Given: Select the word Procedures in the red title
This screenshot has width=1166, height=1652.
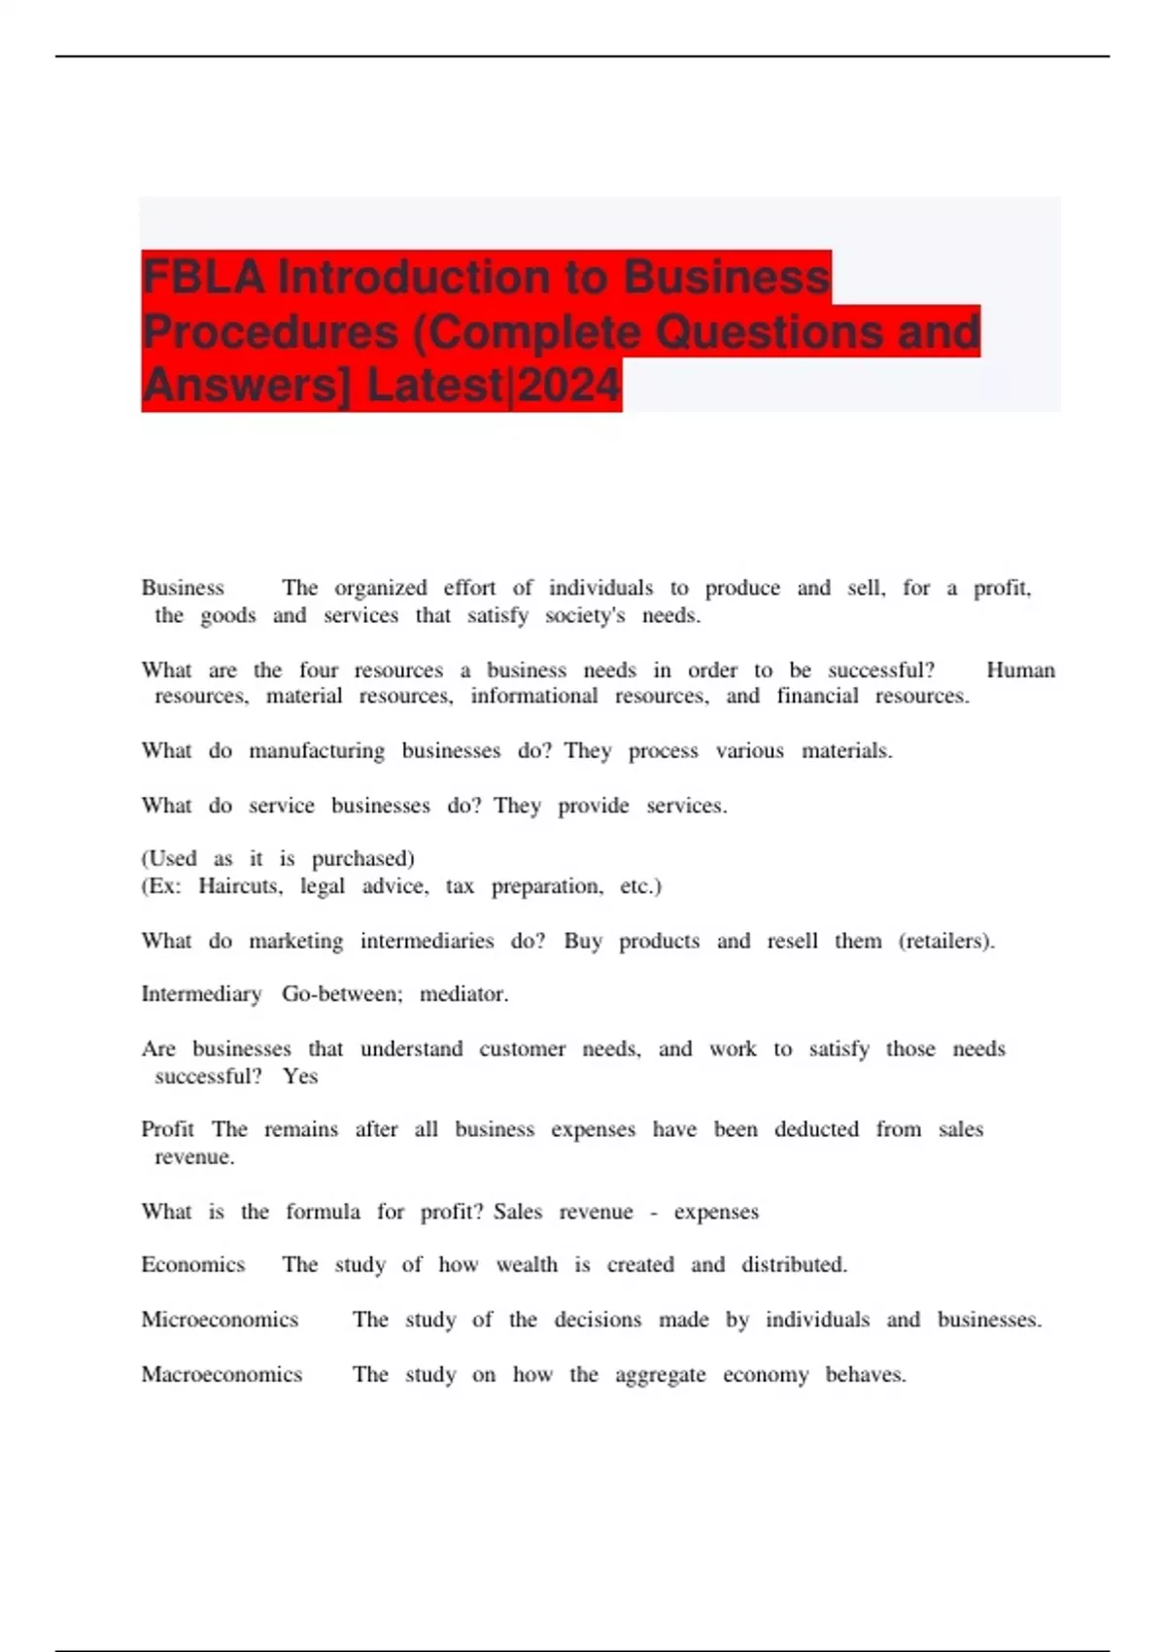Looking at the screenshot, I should point(269,332).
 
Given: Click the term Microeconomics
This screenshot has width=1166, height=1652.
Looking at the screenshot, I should point(220,1320).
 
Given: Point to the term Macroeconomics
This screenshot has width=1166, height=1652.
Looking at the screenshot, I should point(222,1374).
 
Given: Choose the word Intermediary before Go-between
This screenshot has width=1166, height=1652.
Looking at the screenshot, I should point(201,994).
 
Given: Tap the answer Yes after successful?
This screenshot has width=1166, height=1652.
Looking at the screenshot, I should point(300,1076).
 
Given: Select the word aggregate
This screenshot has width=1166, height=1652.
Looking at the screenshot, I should point(660,1375).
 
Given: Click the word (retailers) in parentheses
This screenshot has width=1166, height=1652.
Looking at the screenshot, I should point(946,941).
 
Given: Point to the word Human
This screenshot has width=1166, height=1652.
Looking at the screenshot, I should point(1020,670).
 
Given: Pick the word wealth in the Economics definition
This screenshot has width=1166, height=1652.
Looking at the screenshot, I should point(527,1264).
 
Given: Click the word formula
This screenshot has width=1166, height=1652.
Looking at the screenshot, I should point(323,1212).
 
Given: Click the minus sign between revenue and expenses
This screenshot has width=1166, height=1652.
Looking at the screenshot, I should point(653,1213).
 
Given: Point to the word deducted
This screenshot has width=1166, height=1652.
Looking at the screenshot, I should point(816,1129).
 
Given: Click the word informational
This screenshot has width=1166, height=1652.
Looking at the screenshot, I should point(533,696).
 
